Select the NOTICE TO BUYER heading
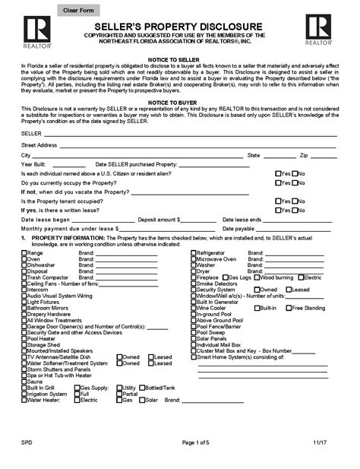[180, 100]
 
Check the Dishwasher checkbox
[24, 265]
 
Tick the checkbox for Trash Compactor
[24, 277]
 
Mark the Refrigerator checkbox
[194, 252]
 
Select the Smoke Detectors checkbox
[194, 284]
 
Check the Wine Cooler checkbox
[194, 308]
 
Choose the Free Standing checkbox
[286, 308]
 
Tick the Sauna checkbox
[24, 381]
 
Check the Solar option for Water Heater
[141, 400]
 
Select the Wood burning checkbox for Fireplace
[257, 277]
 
